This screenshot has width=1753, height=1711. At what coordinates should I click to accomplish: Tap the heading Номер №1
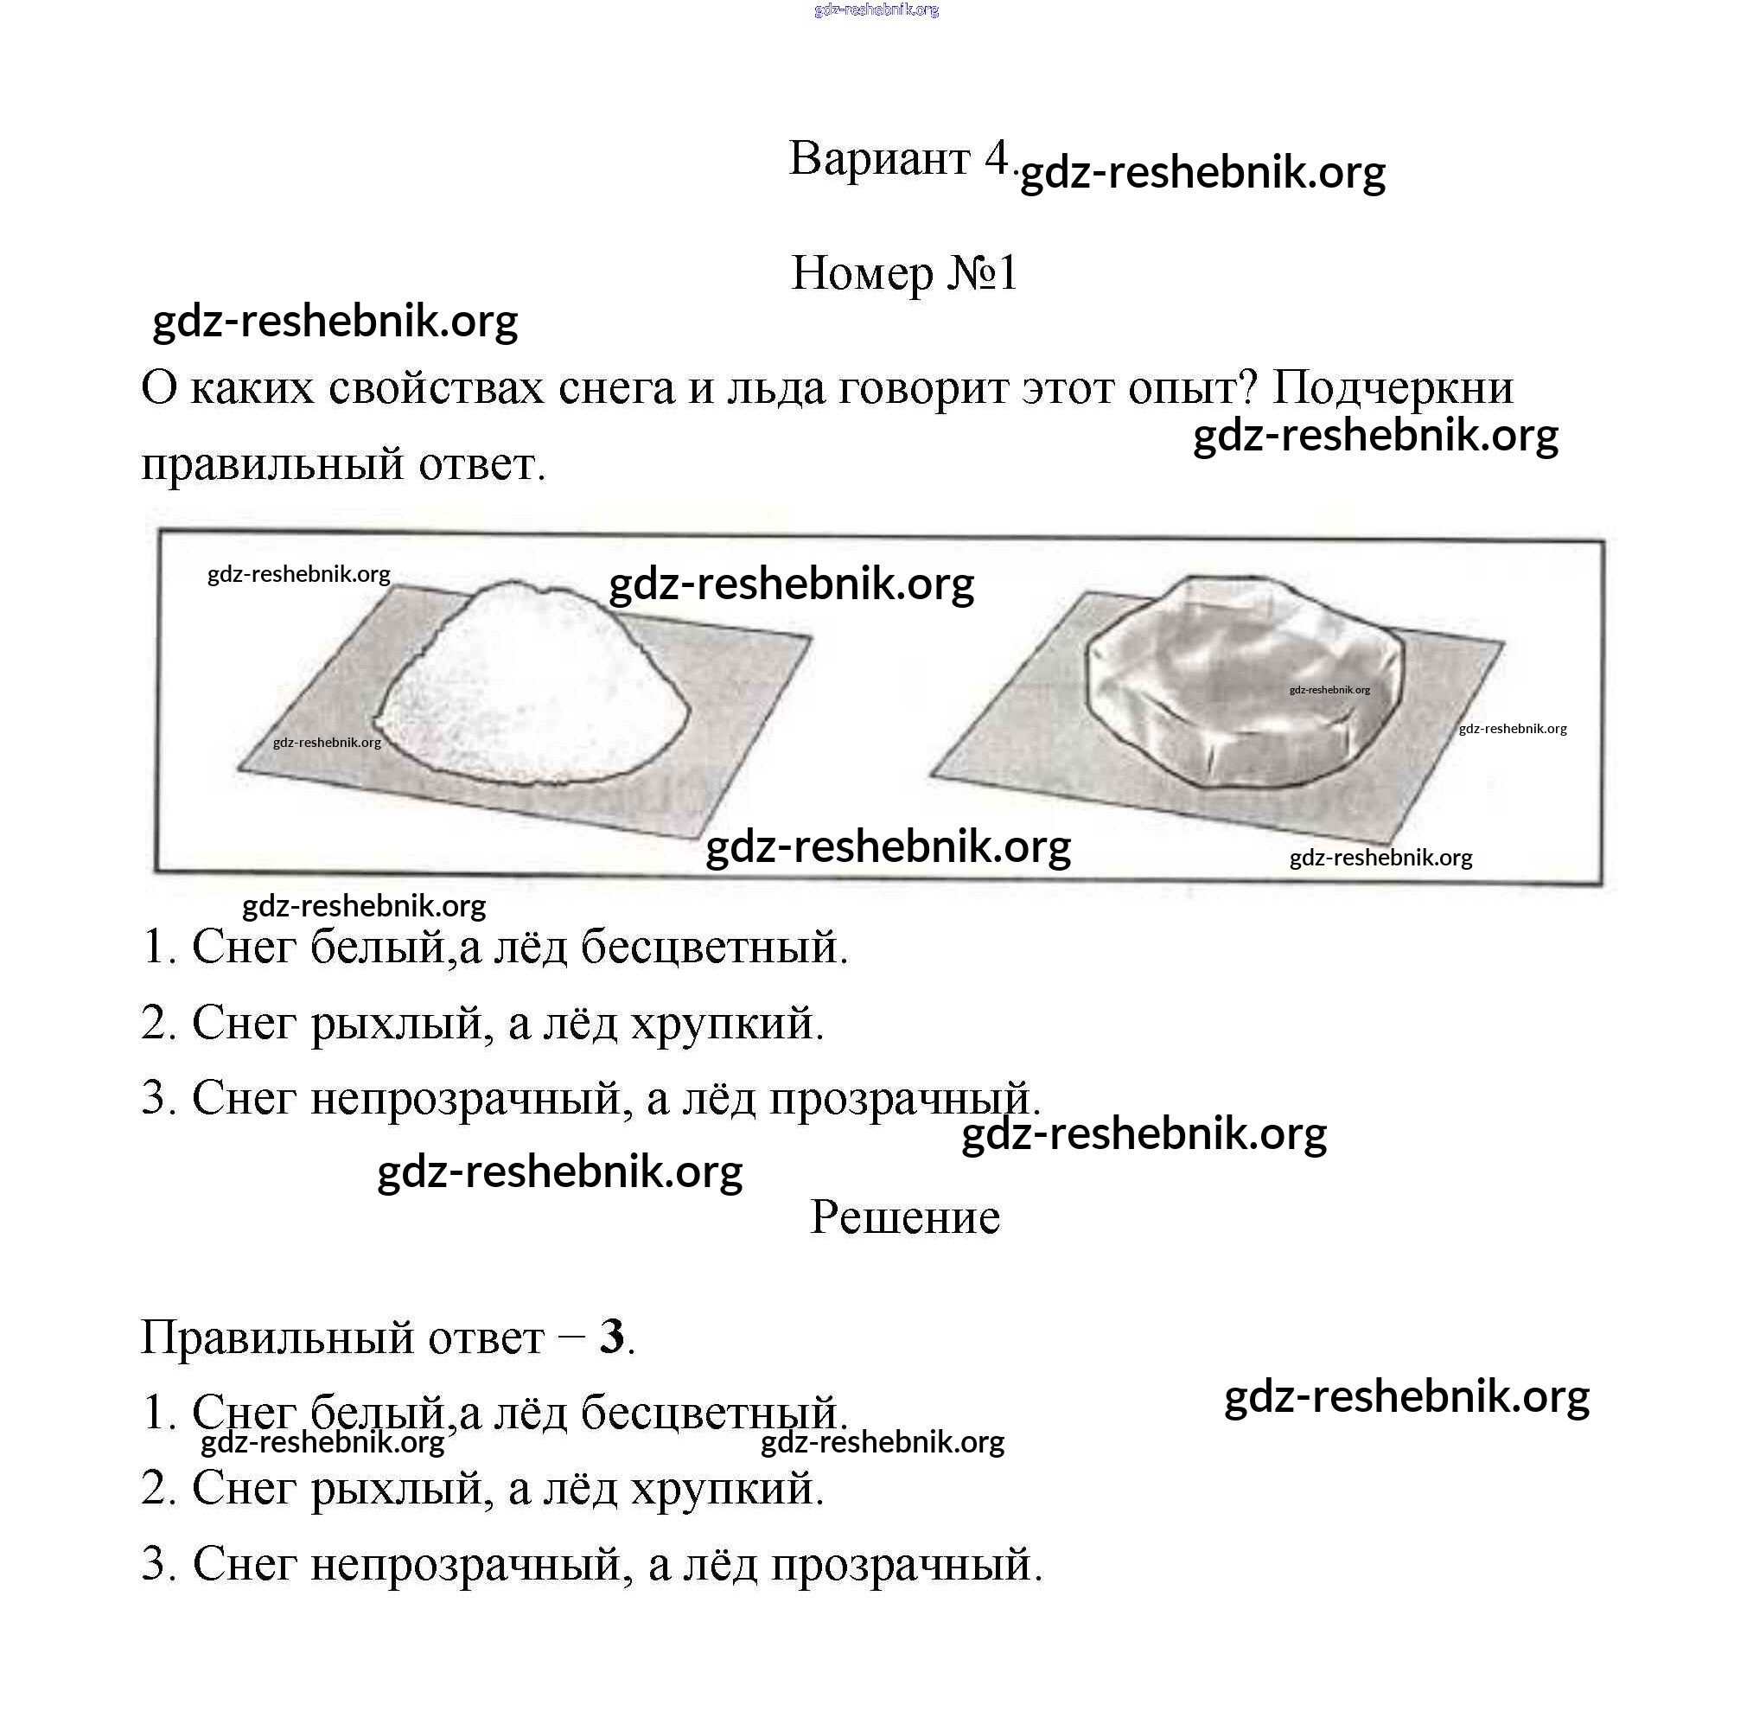click(x=903, y=272)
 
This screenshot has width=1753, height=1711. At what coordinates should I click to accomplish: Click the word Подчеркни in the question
click(x=1392, y=388)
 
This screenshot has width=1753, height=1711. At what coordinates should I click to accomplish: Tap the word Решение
click(x=904, y=1217)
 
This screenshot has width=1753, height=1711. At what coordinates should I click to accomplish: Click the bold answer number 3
click(x=612, y=1338)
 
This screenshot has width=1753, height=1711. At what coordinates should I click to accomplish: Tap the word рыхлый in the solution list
click(x=402, y=1489)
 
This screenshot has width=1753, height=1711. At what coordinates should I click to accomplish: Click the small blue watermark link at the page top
click(x=876, y=10)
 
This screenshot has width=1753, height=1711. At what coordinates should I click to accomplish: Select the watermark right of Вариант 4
click(x=1203, y=172)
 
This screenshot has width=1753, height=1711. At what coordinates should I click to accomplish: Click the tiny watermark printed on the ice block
click(x=1329, y=690)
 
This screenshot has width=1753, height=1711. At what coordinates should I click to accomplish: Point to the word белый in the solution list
click(x=378, y=1413)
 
